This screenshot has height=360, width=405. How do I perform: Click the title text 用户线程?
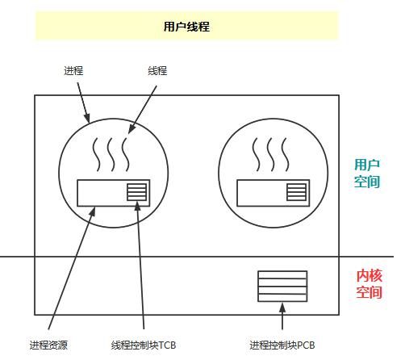tap(186, 27)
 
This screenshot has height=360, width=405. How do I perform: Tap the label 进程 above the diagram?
tap(73, 71)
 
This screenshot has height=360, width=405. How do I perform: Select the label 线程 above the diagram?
tap(157, 71)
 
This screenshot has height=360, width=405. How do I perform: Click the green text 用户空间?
tap(367, 173)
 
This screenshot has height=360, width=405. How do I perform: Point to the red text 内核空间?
tap(370, 283)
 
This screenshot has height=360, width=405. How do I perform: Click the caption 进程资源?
tap(48, 345)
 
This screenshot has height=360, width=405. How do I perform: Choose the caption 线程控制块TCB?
tap(144, 345)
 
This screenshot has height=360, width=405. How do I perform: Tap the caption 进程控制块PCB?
tap(282, 345)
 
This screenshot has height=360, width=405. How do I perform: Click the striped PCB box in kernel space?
tap(282, 287)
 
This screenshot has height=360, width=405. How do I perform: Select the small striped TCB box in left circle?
tap(137, 192)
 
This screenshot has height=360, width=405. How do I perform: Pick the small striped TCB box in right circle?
tap(296, 192)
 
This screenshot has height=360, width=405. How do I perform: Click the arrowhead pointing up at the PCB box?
tap(282, 308)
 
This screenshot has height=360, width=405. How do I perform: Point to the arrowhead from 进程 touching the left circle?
tap(87, 118)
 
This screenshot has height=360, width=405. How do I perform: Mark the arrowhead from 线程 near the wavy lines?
tap(131, 129)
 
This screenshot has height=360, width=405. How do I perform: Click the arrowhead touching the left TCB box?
tap(138, 207)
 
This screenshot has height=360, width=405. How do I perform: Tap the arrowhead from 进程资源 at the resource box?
tap(93, 211)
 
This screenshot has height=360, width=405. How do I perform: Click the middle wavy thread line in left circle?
tap(111, 155)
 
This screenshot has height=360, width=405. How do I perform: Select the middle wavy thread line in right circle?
tap(270, 155)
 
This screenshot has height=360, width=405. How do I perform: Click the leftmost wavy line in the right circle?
tap(256, 155)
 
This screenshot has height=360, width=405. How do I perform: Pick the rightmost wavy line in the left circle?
tap(125, 155)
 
